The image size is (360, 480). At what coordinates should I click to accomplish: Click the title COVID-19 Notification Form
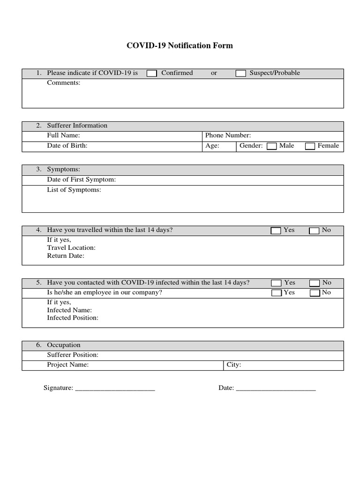180,46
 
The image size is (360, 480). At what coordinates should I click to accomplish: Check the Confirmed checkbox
152,74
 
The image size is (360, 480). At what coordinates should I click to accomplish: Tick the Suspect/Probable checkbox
240,74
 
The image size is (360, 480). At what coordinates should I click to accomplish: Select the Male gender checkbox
271,146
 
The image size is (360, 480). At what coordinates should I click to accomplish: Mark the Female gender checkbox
310,146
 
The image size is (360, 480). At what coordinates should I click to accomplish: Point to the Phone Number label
228,135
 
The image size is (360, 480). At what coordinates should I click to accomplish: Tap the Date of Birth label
67,146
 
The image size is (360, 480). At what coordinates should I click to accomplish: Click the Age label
212,146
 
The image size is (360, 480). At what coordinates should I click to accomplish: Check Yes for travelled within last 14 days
276,231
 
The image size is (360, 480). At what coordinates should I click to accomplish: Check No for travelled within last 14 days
314,231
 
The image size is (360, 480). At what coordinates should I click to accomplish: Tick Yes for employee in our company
277,293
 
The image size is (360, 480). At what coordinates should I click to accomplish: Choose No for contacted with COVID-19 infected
315,283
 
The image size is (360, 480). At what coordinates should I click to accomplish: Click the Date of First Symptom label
81,180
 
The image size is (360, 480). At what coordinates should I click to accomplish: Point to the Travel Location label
71,247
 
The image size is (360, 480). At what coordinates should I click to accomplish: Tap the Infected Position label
73,318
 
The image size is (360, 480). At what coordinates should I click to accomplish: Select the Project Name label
67,365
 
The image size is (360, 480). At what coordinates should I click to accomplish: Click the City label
233,365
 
